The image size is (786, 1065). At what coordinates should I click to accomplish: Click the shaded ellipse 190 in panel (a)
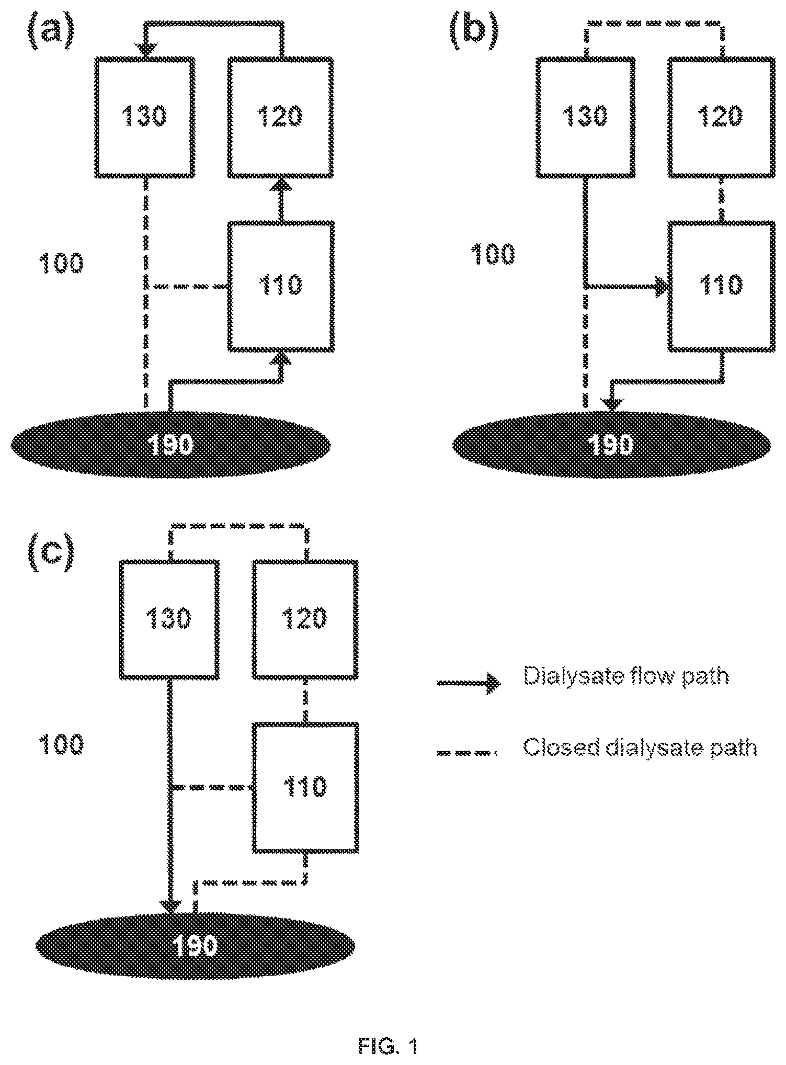(x=170, y=444)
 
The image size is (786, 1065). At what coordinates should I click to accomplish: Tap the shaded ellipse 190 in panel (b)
(x=611, y=444)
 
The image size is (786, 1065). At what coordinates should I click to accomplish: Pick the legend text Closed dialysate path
(x=640, y=748)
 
